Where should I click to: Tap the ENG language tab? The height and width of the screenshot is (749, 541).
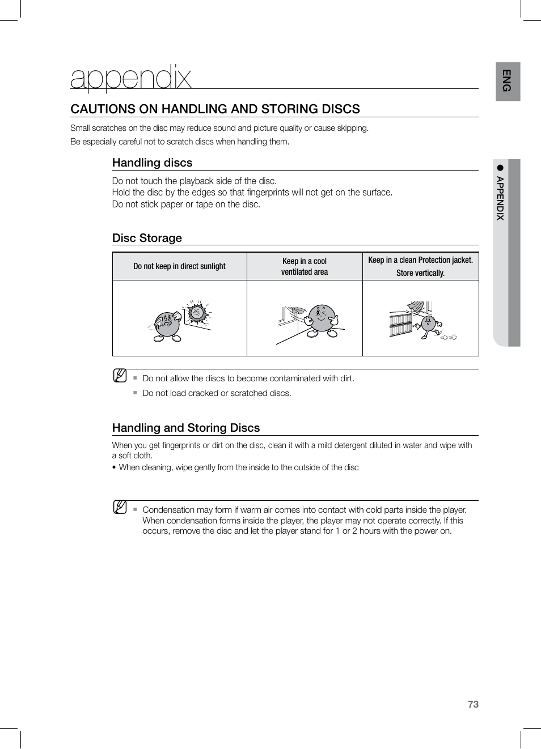tap(507, 81)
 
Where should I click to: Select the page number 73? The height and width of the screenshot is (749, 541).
tap(473, 704)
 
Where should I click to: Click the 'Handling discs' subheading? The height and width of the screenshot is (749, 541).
tap(152, 163)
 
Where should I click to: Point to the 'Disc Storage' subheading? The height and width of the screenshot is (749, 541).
tap(147, 238)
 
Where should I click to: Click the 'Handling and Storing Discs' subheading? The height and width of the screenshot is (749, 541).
tap(185, 428)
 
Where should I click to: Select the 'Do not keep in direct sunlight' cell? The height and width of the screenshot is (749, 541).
tap(179, 266)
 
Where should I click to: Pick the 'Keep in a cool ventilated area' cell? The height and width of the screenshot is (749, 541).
tap(305, 266)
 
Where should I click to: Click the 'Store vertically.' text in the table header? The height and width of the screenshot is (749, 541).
tap(420, 273)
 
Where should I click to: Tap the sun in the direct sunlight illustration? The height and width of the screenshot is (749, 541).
tap(197, 312)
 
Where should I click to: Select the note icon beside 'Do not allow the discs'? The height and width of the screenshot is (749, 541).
tap(120, 375)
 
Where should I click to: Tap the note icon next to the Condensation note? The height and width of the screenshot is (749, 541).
tap(120, 507)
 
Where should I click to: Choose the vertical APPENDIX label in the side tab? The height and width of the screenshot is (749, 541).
tap(500, 198)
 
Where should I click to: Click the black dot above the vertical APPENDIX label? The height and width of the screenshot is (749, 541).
tap(500, 168)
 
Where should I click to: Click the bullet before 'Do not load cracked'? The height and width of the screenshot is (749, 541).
tap(135, 393)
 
